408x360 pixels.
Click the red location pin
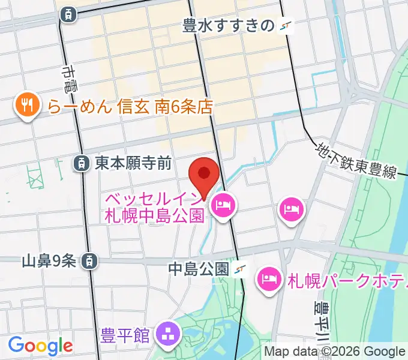tap(203, 175)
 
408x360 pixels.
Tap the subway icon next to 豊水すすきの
tap(286, 26)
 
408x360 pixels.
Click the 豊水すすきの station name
tap(228, 26)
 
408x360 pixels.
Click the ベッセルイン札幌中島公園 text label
tap(155, 207)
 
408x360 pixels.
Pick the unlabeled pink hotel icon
tap(292, 209)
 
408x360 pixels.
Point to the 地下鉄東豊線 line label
tap(357, 160)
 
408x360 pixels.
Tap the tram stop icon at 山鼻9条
tap(89, 260)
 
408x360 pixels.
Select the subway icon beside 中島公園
tap(241, 269)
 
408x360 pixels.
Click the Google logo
tap(40, 346)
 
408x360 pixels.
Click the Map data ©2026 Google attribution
tap(335, 351)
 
